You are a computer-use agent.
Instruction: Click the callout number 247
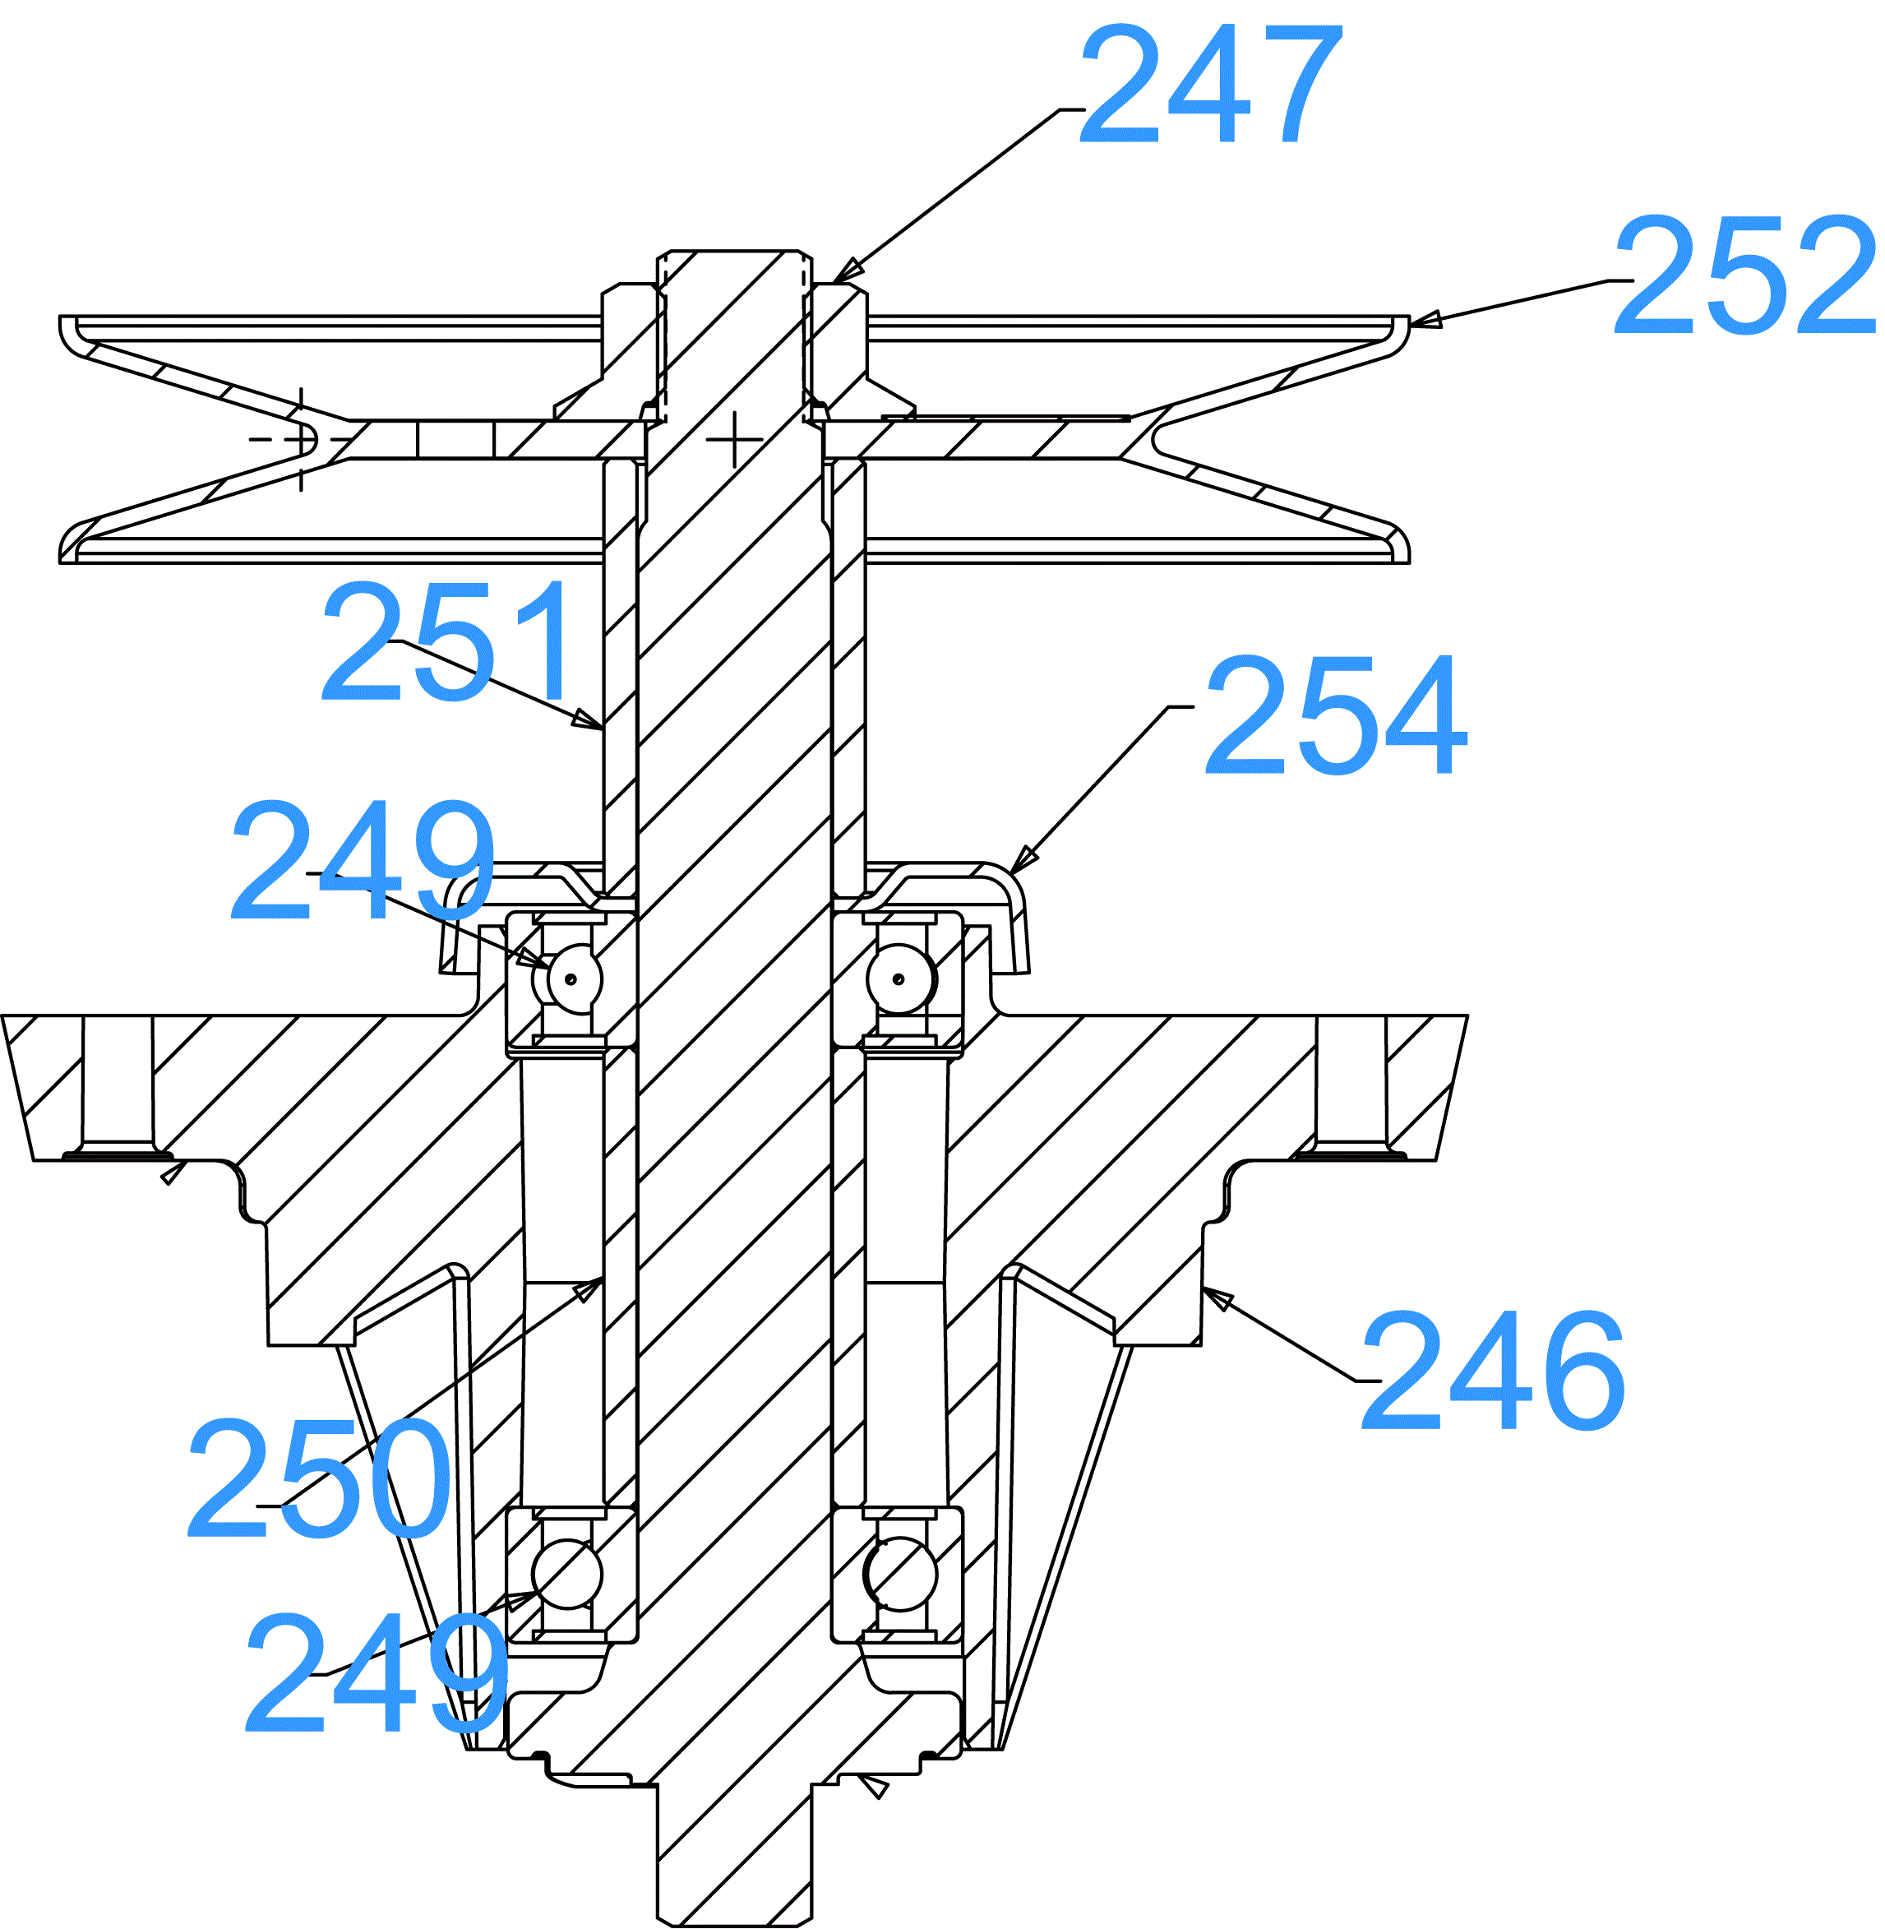click(x=1210, y=84)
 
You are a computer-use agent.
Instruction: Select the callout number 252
click(x=1744, y=275)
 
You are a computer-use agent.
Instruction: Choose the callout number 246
click(x=1493, y=1371)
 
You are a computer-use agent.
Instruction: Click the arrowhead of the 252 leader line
click(x=1425, y=319)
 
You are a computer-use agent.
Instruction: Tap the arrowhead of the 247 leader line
click(x=847, y=271)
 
